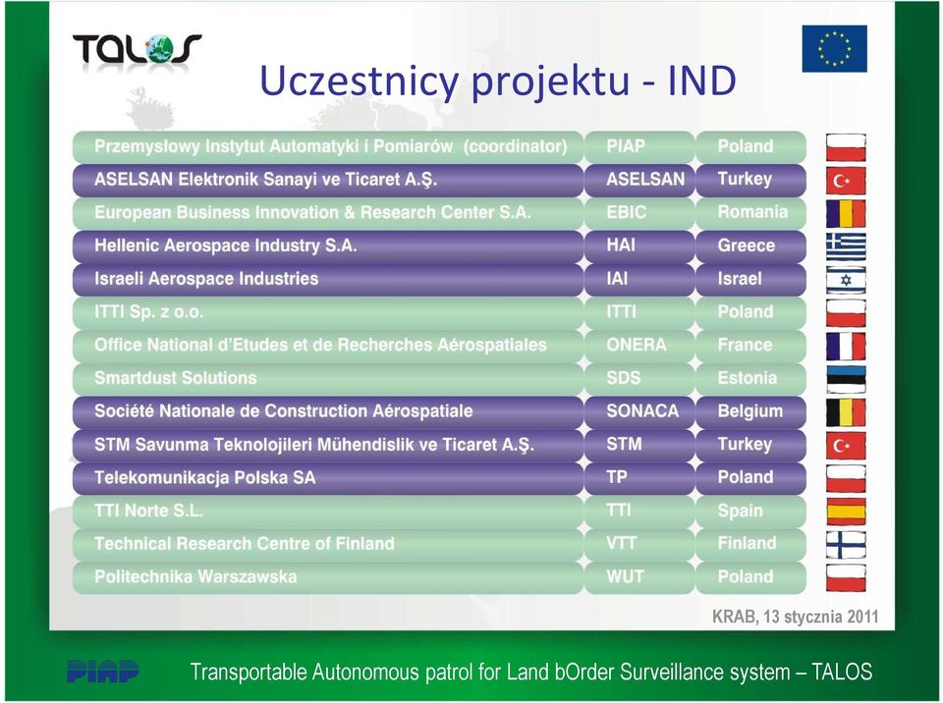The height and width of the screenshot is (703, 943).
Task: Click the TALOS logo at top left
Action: pyautogui.click(x=138, y=49)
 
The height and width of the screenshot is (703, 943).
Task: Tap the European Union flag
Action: pyautogui.click(x=834, y=49)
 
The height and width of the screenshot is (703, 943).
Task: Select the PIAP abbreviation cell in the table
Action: pyautogui.click(x=639, y=146)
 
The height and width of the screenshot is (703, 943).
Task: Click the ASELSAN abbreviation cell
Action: pyautogui.click(x=639, y=180)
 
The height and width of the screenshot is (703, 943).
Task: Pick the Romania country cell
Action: pyautogui.click(x=750, y=212)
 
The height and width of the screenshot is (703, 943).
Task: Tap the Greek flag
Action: pyautogui.click(x=846, y=246)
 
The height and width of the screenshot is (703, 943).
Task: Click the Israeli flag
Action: pyautogui.click(x=846, y=280)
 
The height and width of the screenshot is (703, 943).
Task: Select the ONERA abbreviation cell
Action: pyautogui.click(x=639, y=345)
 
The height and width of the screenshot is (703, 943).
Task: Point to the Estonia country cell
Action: pyautogui.click(x=750, y=378)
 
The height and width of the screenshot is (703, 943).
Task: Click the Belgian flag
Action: pyautogui.click(x=846, y=412)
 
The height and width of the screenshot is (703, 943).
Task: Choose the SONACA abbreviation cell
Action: pyautogui.click(x=639, y=410)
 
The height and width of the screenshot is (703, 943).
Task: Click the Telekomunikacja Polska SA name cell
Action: pyautogui.click(x=328, y=477)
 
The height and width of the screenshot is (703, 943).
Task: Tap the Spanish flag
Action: pyautogui.click(x=846, y=512)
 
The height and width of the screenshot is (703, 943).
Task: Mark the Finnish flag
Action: pyautogui.click(x=846, y=545)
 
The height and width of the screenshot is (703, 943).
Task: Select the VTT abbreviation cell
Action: pyautogui.click(x=639, y=544)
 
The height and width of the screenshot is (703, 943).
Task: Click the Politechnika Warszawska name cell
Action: pyautogui.click(x=328, y=576)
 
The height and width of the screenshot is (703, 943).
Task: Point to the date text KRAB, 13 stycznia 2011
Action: pyautogui.click(x=795, y=617)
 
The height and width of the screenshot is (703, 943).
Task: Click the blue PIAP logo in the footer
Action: pyautogui.click(x=102, y=671)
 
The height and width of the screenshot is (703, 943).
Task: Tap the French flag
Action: pyautogui.click(x=846, y=347)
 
